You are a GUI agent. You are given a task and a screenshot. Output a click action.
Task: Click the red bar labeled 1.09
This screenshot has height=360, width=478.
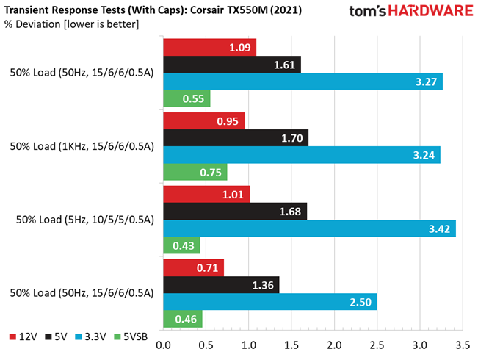tap(210, 47)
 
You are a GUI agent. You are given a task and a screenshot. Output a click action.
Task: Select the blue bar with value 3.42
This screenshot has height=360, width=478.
tap(309, 228)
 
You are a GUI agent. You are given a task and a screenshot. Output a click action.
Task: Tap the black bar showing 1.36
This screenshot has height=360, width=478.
tap(221, 285)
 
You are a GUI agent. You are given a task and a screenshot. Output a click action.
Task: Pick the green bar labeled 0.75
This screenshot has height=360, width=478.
tap(195, 172)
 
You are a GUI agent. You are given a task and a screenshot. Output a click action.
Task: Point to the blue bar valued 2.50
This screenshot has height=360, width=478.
tap(270, 302)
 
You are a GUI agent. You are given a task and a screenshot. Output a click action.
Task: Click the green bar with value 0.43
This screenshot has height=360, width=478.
tap(181, 245)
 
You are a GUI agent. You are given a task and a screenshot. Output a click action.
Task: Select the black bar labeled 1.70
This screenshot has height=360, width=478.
tap(236, 138)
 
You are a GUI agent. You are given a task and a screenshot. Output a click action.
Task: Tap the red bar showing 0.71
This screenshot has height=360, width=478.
tap(194, 268)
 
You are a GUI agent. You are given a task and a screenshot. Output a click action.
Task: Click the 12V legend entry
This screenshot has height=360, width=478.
tap(23, 336)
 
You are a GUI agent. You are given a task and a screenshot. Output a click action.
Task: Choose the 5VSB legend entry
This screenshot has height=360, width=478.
tap(131, 336)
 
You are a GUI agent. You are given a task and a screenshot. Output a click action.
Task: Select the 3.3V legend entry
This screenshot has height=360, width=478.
tap(90, 336)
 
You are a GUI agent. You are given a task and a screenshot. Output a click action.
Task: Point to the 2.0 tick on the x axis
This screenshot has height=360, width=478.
tap(334, 345)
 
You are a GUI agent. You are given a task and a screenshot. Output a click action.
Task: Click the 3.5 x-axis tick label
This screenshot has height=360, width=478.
tap(463, 345)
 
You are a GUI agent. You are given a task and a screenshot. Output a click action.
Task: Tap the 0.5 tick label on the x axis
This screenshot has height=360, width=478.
tap(206, 345)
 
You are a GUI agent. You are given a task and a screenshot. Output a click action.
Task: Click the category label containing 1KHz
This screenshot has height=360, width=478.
tap(82, 146)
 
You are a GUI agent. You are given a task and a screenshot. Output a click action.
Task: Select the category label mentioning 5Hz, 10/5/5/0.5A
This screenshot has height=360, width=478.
tap(85, 220)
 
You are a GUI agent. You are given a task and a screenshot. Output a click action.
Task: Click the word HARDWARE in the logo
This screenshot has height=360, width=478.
tap(430, 11)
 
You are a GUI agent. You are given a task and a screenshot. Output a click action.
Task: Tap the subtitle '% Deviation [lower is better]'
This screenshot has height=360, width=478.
tap(72, 24)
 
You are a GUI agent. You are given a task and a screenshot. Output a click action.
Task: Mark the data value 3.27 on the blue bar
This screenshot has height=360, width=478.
tap(426, 82)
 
